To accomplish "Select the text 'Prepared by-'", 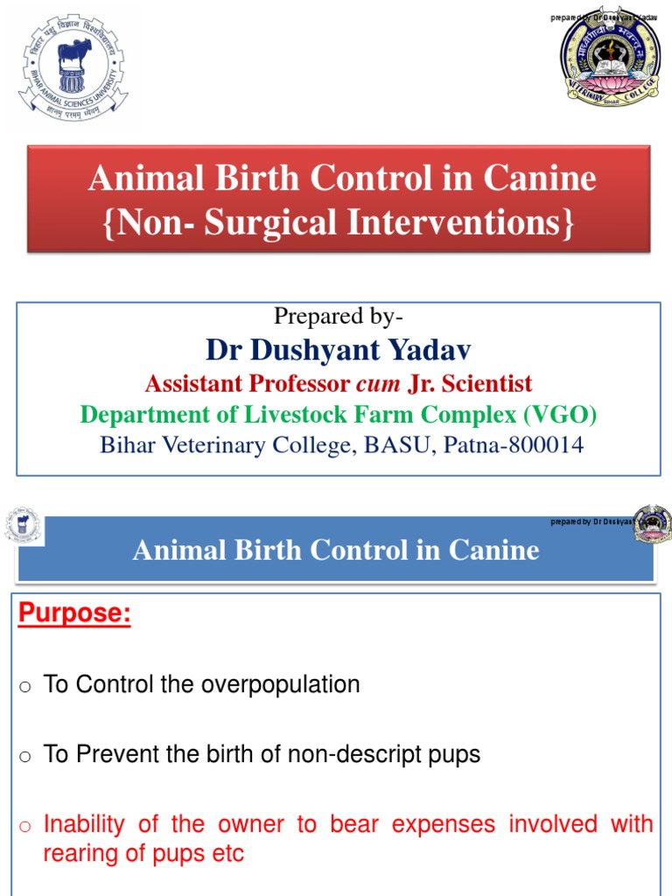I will pos(339,316).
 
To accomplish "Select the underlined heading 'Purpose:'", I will pos(74,614).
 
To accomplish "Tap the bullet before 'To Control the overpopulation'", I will pos(25,686).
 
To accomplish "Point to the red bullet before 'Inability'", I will pos(25,826).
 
